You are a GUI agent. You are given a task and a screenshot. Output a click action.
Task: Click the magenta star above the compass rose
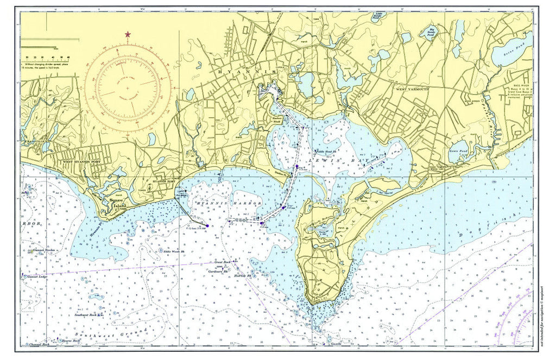128,35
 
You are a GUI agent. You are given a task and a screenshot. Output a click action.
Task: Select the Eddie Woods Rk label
174,251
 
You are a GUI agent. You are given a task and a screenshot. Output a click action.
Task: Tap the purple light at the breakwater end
207,225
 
